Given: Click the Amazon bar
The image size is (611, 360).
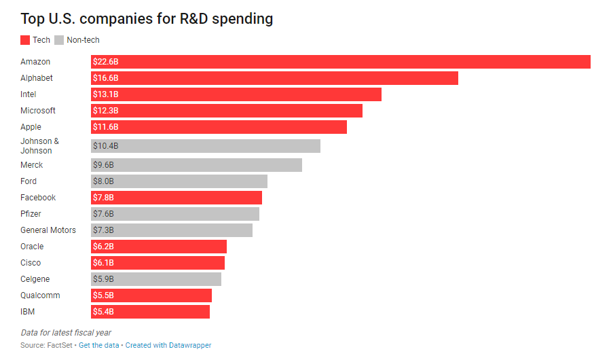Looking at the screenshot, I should [x=340, y=62].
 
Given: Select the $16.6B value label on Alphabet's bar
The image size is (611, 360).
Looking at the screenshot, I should [x=105, y=78].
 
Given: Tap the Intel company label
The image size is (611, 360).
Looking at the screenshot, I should [x=29, y=94].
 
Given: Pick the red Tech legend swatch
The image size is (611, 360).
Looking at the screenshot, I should [x=25, y=40].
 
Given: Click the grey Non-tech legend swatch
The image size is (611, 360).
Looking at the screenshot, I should [x=59, y=40].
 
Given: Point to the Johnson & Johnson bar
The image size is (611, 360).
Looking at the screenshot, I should [x=206, y=146].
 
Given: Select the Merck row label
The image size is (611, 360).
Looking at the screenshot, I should [x=31, y=165].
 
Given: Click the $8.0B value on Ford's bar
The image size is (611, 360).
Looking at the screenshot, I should [x=103, y=181].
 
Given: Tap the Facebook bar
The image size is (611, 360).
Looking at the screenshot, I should [x=177, y=198].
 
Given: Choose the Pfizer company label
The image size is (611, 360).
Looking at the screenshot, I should [x=31, y=214].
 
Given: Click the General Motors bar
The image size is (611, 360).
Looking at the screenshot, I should [x=172, y=230].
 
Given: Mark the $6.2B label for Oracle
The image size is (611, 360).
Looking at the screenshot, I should [x=103, y=247].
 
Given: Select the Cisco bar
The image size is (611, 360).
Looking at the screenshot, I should [x=158, y=263].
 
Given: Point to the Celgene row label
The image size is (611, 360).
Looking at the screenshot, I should [x=35, y=279].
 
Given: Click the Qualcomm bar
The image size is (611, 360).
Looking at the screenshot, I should [x=151, y=295].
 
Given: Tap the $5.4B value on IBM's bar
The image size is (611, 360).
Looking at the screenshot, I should [x=103, y=312].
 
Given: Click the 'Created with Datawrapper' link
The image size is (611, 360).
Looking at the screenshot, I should [x=168, y=346].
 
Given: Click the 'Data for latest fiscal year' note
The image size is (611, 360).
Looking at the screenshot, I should [x=66, y=333].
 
